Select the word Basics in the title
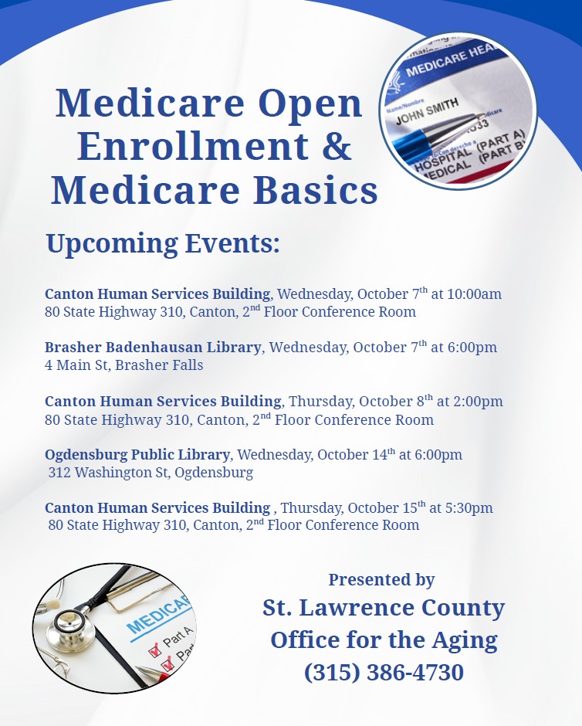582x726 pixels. coord(316,190)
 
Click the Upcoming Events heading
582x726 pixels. coord(163,243)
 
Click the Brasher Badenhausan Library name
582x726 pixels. coord(153,348)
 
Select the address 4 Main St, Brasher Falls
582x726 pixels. coord(124,365)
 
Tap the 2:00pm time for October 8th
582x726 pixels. coord(478,402)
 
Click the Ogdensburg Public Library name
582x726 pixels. coord(137,455)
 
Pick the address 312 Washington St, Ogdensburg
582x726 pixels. coord(151,473)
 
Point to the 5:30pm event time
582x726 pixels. coord(469,508)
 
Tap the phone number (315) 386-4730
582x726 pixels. coord(384,672)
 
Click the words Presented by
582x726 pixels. coord(381,580)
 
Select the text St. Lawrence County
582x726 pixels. coord(384,608)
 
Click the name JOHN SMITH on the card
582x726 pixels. coord(427,111)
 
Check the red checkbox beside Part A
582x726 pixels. coord(154,651)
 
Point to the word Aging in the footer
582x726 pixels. coord(465,641)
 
